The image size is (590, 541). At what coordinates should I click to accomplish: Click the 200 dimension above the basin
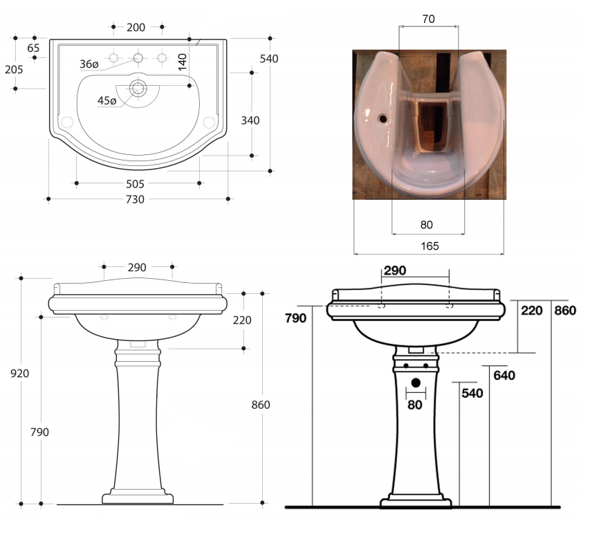(136, 28)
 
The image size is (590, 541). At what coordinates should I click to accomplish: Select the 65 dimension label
(33, 48)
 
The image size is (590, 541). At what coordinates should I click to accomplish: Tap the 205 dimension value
(14, 70)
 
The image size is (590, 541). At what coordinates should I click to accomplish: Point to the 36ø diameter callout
(89, 64)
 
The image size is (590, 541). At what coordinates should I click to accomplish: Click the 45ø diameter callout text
(107, 100)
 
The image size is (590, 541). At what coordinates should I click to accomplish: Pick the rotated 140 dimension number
(182, 62)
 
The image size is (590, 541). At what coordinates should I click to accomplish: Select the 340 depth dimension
(250, 120)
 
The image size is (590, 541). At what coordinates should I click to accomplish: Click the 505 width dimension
(135, 184)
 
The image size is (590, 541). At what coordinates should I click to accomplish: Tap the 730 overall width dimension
(135, 199)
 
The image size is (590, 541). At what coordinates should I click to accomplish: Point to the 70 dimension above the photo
(429, 19)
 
